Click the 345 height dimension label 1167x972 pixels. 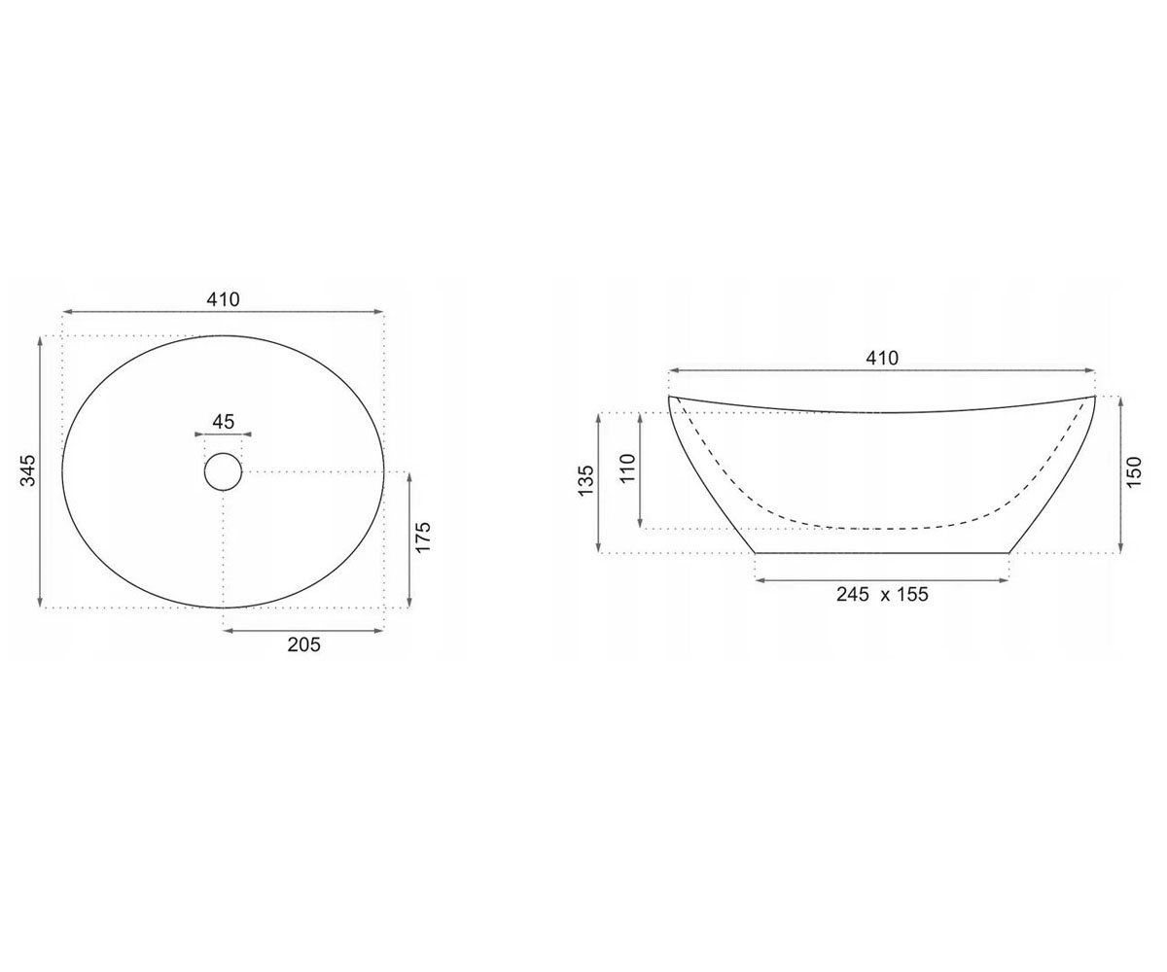pos(28,470)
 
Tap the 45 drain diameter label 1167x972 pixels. pos(224,421)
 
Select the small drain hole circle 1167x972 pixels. pos(223,472)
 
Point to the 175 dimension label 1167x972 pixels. pos(423,537)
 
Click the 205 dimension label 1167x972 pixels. pos(304,644)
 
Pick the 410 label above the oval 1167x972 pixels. pos(223,299)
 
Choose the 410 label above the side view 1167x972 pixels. pos(882,358)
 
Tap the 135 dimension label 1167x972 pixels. pos(584,480)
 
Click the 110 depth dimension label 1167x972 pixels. pos(627,469)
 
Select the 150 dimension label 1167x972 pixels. pos(1135,472)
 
